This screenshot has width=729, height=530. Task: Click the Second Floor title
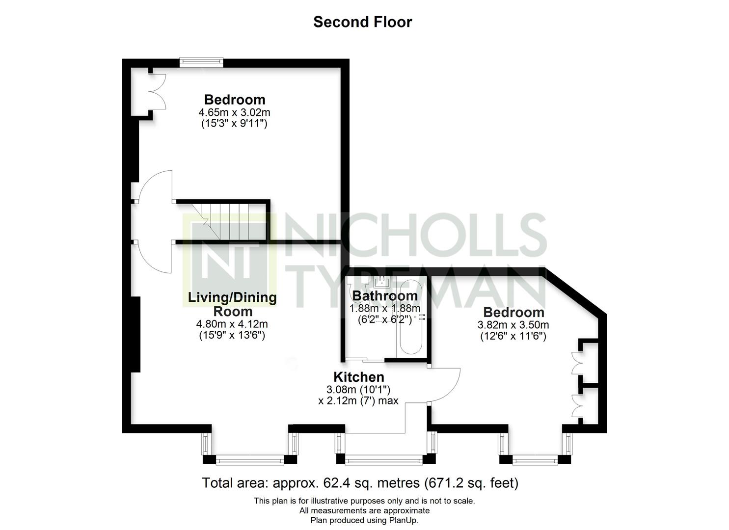click(363, 22)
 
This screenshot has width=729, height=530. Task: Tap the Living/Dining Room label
click(232, 304)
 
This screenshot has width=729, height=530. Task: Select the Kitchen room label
click(359, 377)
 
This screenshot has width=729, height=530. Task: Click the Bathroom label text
click(385, 296)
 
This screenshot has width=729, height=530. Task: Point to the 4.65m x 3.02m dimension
click(234, 112)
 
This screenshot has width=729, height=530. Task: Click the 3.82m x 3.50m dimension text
click(513, 325)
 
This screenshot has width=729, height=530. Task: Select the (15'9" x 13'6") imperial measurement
click(232, 335)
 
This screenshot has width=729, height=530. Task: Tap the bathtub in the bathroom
click(411, 317)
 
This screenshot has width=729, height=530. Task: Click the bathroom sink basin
click(382, 282)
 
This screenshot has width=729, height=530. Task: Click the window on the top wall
click(201, 62)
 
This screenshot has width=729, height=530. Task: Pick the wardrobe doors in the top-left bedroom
click(158, 91)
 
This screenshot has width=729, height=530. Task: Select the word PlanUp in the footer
click(403, 520)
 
